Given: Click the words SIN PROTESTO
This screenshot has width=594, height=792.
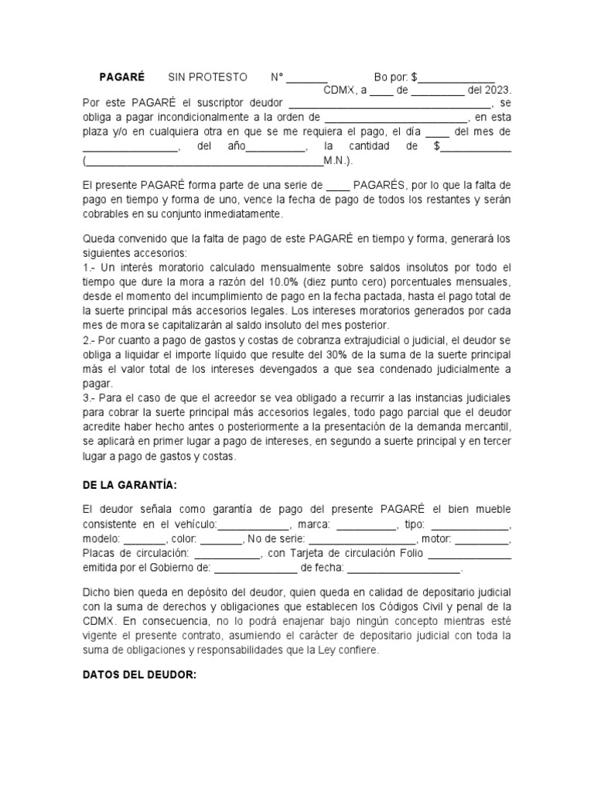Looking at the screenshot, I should pos(208,77).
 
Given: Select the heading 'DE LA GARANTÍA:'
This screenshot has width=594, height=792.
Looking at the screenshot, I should pos(129,484).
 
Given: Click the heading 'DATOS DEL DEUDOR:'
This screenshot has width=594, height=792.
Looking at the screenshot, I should pos(139,674).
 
